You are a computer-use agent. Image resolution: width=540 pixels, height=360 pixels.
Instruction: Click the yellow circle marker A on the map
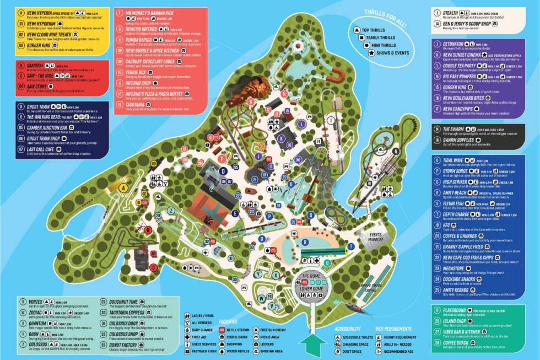(x=123, y=188)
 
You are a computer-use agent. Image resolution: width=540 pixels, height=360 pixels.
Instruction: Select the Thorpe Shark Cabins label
(x=357, y=287)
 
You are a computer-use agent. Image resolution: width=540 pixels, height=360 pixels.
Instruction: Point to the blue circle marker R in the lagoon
(x=305, y=241)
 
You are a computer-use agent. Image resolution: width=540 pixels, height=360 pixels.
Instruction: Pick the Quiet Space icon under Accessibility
(x=337, y=350)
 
